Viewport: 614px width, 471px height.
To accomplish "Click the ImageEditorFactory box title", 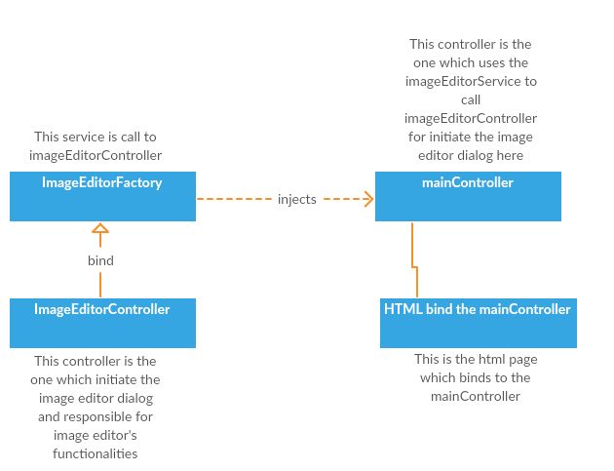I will [x=101, y=182].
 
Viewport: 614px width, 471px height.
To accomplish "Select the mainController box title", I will [x=467, y=182].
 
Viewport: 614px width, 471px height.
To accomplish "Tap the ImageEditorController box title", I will [x=101, y=309].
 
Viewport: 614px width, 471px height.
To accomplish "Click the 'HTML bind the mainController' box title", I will [x=478, y=309].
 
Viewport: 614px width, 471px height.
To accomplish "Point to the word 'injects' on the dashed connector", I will [x=296, y=199].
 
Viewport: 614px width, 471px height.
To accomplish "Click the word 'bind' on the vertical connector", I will [x=100, y=260].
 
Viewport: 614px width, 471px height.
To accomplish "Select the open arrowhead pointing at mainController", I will [x=367, y=199].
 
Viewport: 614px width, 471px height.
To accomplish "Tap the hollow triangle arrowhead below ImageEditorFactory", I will [x=100, y=230].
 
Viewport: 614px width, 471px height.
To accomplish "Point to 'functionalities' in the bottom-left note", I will [x=95, y=453].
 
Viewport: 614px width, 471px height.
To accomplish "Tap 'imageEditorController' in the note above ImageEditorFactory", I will [x=95, y=155].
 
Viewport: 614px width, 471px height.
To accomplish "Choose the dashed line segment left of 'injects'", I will [x=234, y=199].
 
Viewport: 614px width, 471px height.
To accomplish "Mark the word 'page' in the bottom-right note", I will [x=522, y=359].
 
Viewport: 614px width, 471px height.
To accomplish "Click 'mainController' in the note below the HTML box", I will [x=476, y=396].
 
